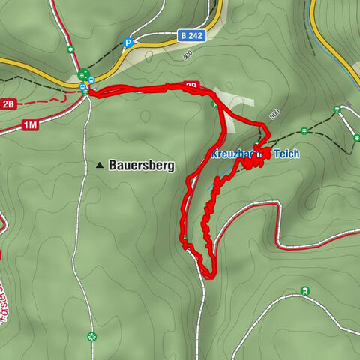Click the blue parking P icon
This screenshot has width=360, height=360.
(x=128, y=43)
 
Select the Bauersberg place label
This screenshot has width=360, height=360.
(x=142, y=165)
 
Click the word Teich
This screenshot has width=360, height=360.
(x=286, y=154)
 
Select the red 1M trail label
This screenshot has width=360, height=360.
(x=30, y=125)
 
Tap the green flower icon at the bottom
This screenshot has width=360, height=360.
(x=91, y=336)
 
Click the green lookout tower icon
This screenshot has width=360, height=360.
(x=305, y=291)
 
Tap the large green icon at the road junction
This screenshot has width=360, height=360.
(x=82, y=74)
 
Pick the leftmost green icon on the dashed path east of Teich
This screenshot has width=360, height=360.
(x=337, y=109)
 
